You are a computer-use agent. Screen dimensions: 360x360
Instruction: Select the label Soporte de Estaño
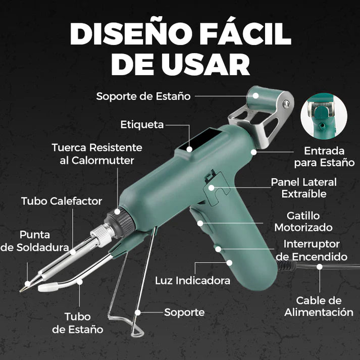(143, 96)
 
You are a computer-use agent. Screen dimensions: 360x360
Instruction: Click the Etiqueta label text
(142, 125)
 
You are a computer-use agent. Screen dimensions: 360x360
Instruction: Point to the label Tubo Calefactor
(62, 201)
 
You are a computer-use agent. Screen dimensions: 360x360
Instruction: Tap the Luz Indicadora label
(192, 280)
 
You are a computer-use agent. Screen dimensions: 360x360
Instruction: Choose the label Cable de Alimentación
(319, 306)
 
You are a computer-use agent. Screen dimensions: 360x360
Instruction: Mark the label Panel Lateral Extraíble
(303, 187)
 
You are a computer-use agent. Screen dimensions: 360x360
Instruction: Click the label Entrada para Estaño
(324, 157)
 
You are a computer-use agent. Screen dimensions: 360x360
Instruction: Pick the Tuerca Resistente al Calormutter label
(97, 153)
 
